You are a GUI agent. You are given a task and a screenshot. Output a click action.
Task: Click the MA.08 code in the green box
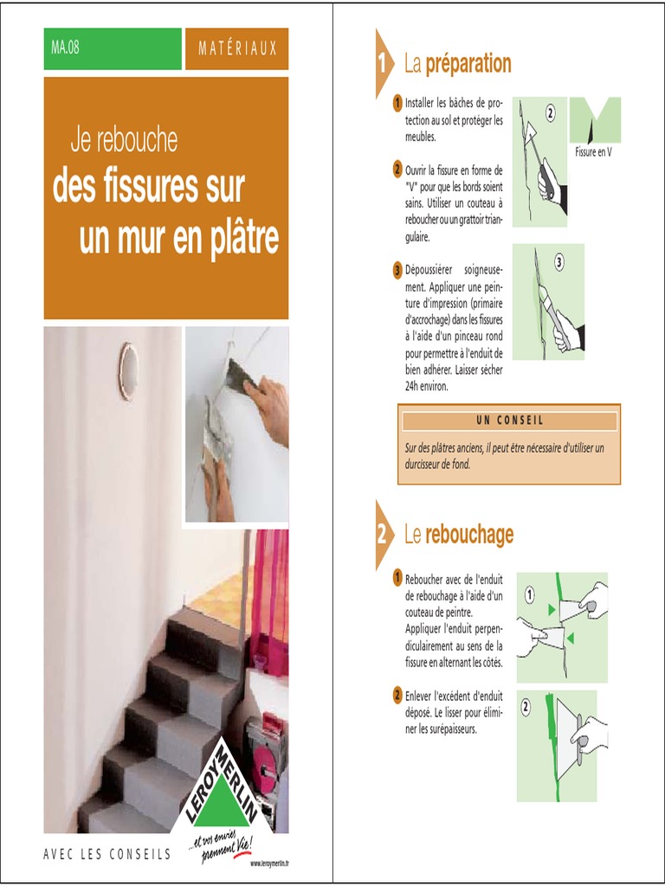coord(65,48)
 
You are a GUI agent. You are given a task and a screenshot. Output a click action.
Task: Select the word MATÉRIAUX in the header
coord(237,48)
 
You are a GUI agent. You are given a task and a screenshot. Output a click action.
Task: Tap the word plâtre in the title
coord(236,238)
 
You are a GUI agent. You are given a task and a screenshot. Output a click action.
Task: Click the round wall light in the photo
coord(128,372)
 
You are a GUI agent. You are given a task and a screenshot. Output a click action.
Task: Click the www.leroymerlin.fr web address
coord(269,863)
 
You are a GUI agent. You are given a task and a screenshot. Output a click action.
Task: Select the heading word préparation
coord(468,63)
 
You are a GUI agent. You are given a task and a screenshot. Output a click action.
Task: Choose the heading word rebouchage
coord(469,534)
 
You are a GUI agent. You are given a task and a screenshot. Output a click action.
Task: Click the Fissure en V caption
coord(593,152)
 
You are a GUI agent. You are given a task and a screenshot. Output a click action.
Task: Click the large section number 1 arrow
coord(384,64)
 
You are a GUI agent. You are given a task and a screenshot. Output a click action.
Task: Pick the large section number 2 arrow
coord(384,535)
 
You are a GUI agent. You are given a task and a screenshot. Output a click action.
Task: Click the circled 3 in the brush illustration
coord(558,262)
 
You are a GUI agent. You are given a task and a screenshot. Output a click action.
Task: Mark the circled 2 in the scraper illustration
coord(550,113)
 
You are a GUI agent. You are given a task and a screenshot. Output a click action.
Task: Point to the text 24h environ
coord(426,387)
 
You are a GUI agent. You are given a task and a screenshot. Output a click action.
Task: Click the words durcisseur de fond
coord(437,465)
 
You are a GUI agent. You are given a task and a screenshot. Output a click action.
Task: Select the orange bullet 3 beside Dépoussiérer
coord(397,270)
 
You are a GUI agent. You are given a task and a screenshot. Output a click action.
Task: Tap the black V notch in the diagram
coord(591,132)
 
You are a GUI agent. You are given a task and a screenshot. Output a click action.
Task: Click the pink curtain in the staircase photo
coord(269,599)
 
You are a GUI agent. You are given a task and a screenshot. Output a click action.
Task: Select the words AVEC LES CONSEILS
coord(107,854)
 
